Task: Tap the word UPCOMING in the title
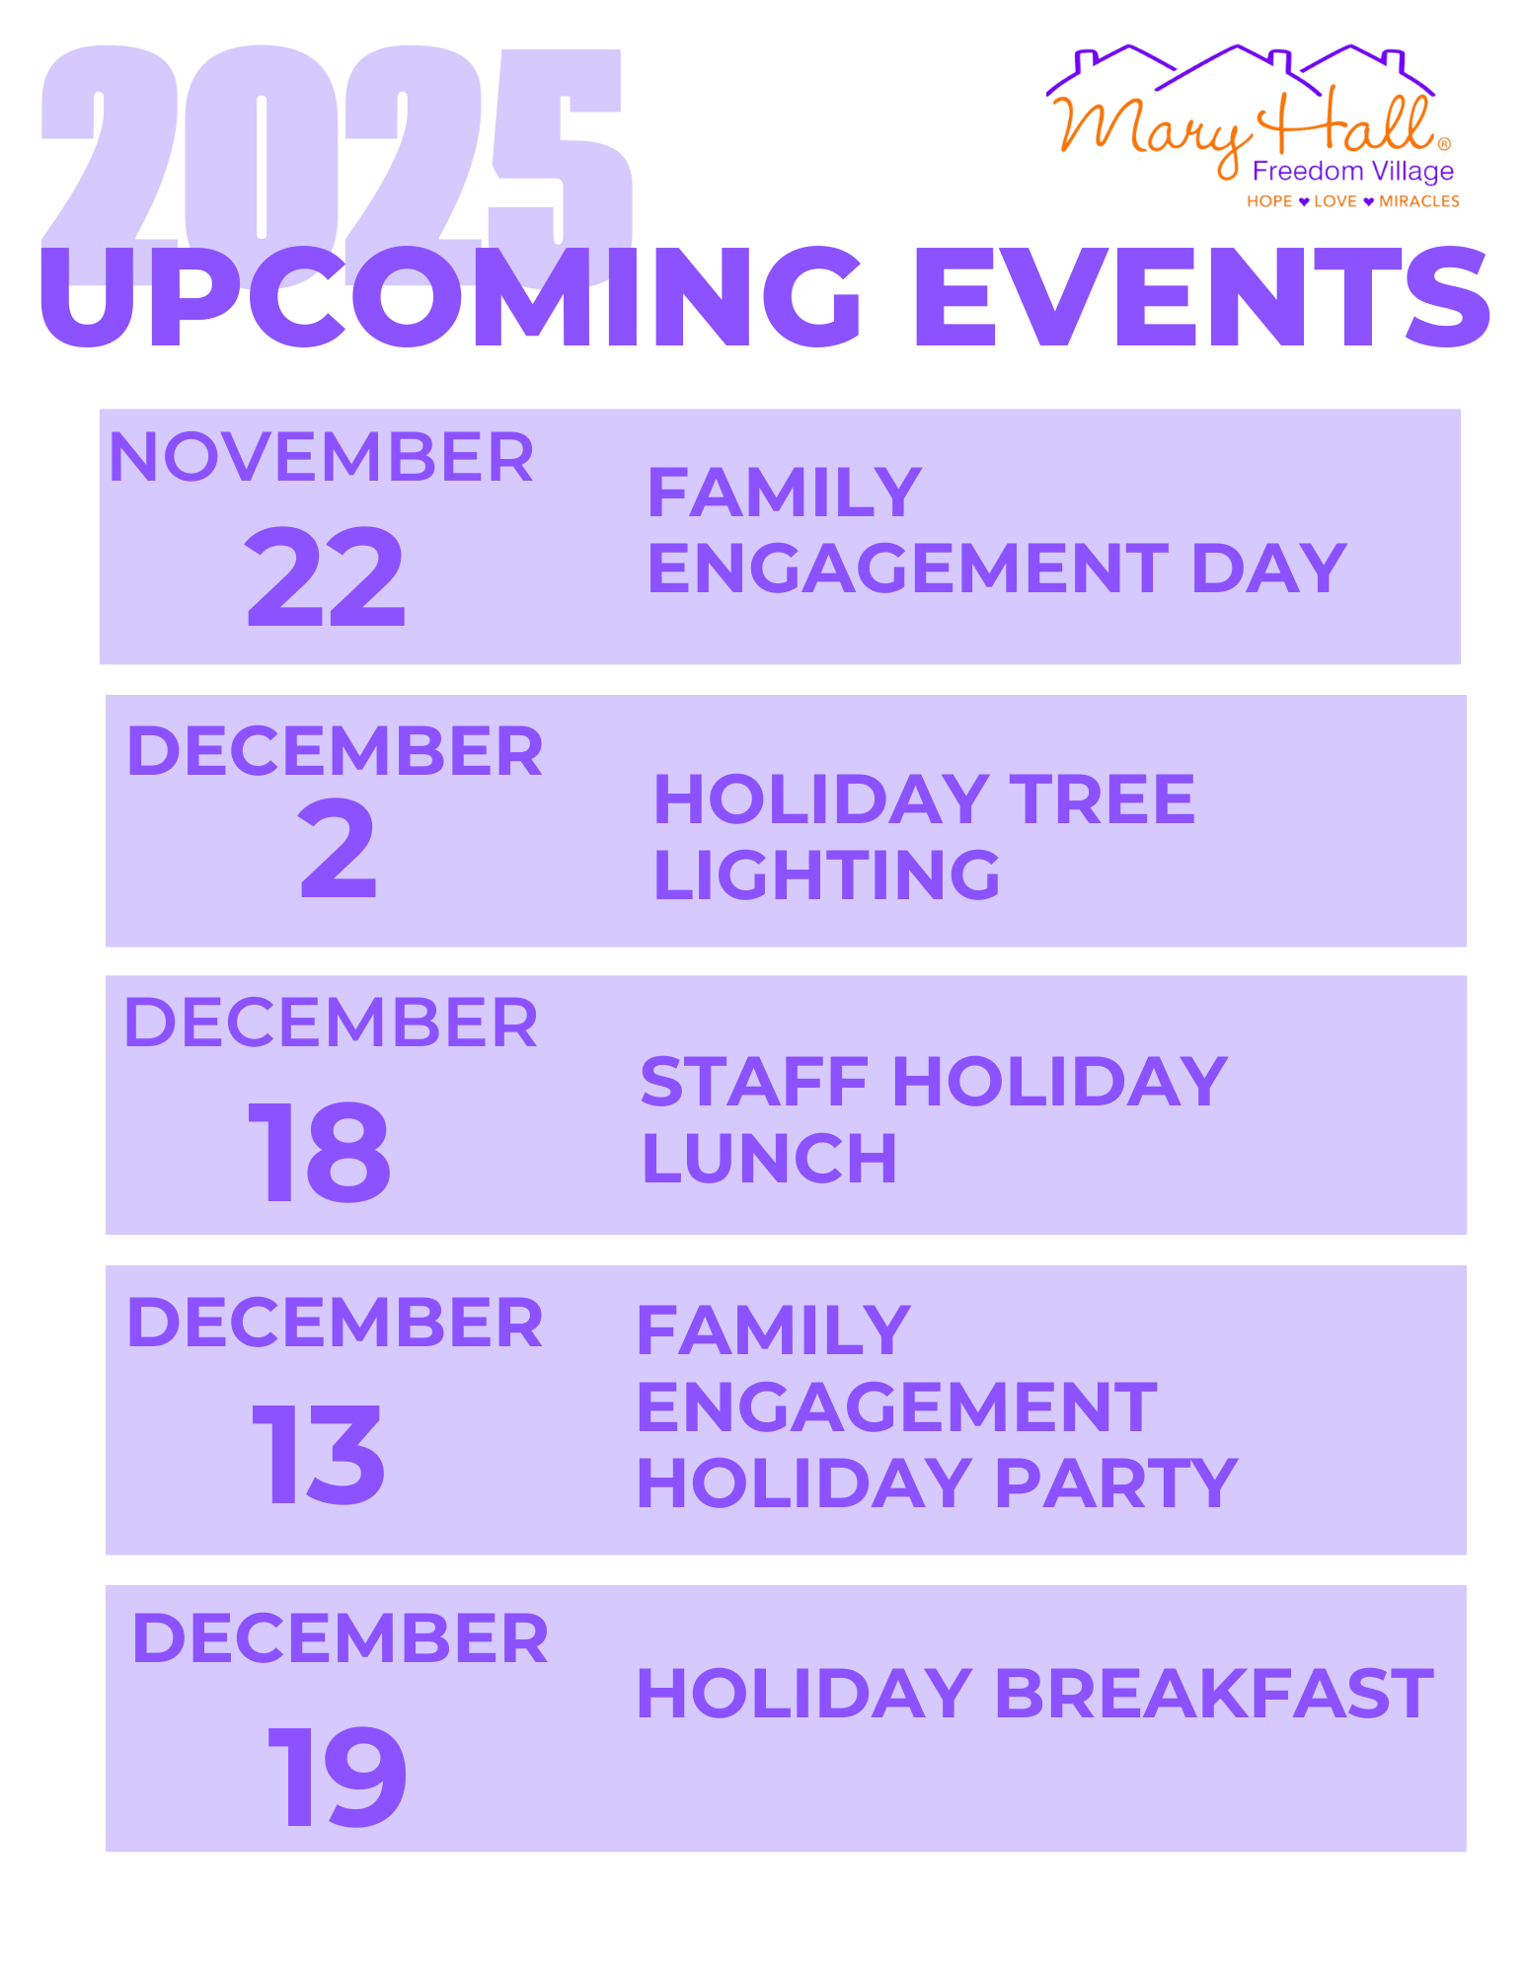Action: click(x=450, y=297)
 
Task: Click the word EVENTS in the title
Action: click(x=1202, y=297)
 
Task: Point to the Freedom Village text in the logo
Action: click(x=1352, y=171)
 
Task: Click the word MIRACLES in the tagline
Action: click(x=1418, y=201)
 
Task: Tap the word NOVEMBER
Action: click(x=321, y=457)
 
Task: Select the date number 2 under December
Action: click(x=338, y=849)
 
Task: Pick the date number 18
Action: click(x=319, y=1151)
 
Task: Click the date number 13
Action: click(x=318, y=1454)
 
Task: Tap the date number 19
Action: click(x=337, y=1776)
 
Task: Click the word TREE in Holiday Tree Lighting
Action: click(x=1102, y=798)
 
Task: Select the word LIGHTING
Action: click(x=827, y=875)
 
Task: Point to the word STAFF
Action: click(x=755, y=1082)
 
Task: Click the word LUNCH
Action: click(x=770, y=1158)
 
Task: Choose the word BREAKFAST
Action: click(x=1214, y=1694)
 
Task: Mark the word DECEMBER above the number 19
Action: click(x=341, y=1638)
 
